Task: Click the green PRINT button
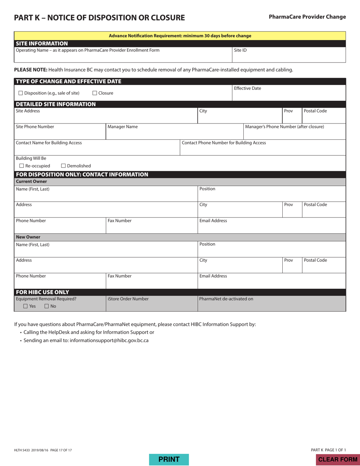(x=169, y=460)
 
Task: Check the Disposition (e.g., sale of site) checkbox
(x=21, y=93)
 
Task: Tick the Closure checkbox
(x=95, y=93)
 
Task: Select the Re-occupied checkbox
(x=22, y=166)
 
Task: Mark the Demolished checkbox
(x=63, y=166)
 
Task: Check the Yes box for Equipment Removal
(x=25, y=306)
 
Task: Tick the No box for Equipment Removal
(x=47, y=306)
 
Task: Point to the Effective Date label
(x=247, y=88)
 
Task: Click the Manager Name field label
(x=122, y=127)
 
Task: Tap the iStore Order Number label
(x=128, y=299)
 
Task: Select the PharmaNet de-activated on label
(x=226, y=299)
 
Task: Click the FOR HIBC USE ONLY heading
(x=42, y=292)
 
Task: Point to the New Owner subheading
(x=28, y=237)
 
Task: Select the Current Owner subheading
(x=31, y=181)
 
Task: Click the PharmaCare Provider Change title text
(x=307, y=17)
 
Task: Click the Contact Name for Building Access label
(x=49, y=143)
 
